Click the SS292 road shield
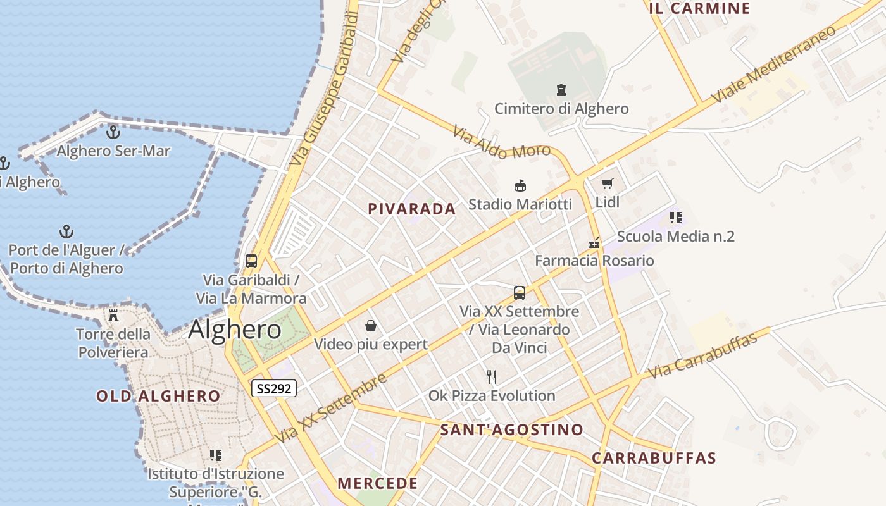pos(274,388)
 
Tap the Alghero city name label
pos(235,330)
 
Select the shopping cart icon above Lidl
pos(608,184)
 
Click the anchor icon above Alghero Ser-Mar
pos(113,132)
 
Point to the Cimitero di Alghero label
pos(561,109)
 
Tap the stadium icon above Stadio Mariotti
pos(520,186)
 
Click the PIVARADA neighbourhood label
pos(412,209)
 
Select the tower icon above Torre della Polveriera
pos(113,315)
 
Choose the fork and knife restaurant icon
pos(492,378)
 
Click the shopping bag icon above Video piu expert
pos(371,326)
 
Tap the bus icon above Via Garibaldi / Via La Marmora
pos(251,261)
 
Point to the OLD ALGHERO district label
pos(158,397)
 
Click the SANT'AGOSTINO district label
pos(511,430)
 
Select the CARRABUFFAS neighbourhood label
pos(654,458)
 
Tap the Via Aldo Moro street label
pos(501,142)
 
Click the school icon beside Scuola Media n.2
pos(676,218)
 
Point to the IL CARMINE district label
pos(699,9)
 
